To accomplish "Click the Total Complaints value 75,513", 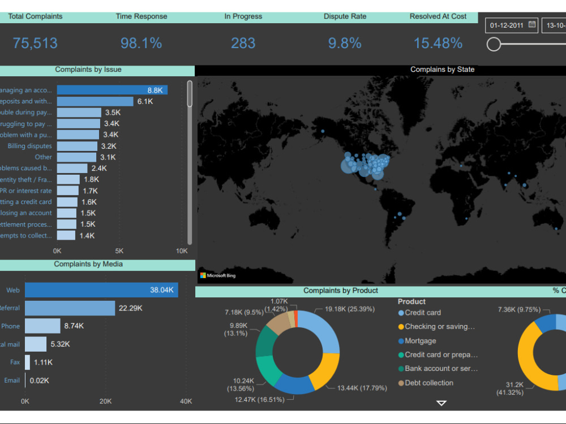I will [x=35, y=43].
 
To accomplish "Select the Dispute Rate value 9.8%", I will [x=345, y=43].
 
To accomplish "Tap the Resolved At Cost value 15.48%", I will [x=438, y=43].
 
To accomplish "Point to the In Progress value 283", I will [x=243, y=43].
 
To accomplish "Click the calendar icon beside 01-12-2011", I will [x=532, y=25].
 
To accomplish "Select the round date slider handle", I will [x=494, y=44].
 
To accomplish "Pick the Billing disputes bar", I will [x=78, y=146].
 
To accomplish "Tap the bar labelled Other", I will [x=76, y=157].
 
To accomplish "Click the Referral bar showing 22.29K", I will [x=70, y=308].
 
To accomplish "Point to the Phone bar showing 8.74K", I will [x=42, y=326].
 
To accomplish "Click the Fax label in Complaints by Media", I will [x=15, y=362].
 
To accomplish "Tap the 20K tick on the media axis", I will [x=105, y=401].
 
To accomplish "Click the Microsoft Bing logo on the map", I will [x=218, y=276].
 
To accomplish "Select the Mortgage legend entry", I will [x=421, y=341].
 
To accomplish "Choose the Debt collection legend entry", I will [x=429, y=383].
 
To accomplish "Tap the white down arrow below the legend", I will [x=441, y=403].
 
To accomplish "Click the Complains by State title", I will [x=442, y=70].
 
